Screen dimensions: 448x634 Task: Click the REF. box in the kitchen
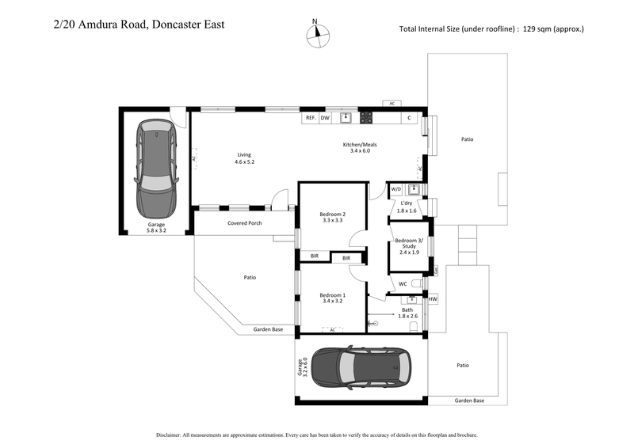pos(311,118)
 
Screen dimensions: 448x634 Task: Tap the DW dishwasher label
pos(325,118)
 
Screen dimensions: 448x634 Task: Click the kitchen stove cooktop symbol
pos(367,118)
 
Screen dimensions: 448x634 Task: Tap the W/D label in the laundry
pos(396,189)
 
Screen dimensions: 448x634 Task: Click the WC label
pos(403,283)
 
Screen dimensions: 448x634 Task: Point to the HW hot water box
pos(433,299)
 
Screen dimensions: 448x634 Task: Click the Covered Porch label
pos(245,223)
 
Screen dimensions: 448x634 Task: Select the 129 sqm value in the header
pos(536,29)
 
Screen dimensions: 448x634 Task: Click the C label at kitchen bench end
pos(409,118)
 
